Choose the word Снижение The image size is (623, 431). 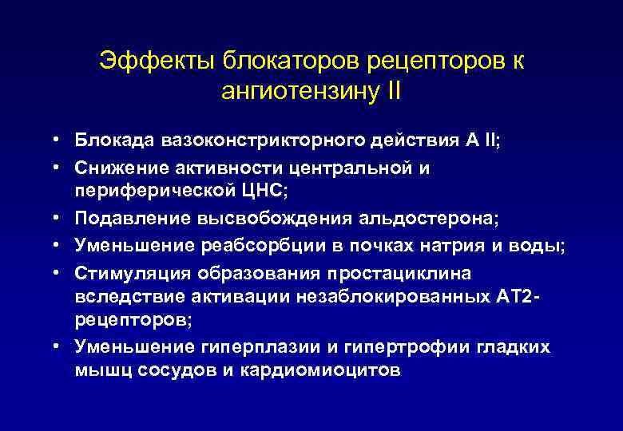click(117, 167)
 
